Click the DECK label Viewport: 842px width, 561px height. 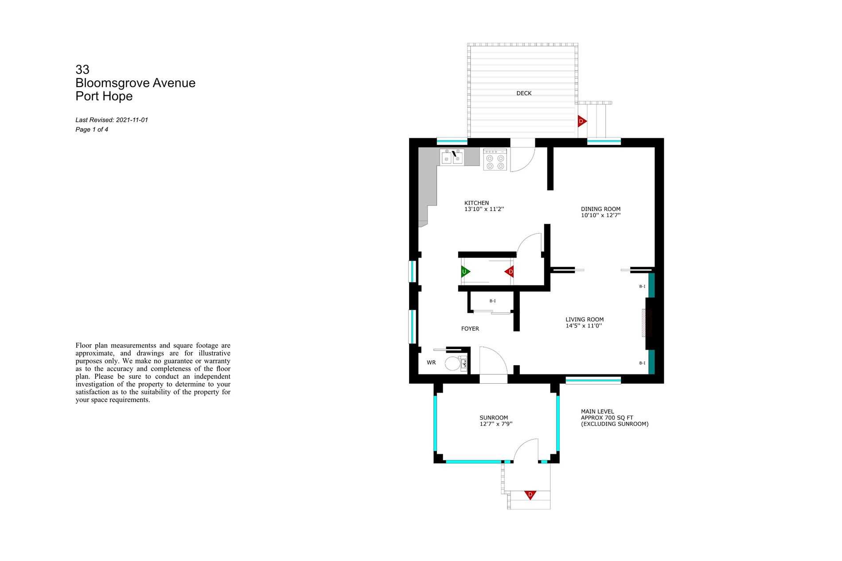[x=524, y=93]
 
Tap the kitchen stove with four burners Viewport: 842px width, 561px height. [x=495, y=160]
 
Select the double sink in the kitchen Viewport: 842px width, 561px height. [x=452, y=157]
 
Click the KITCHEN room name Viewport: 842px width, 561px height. [x=476, y=203]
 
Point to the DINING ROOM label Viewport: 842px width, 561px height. [x=600, y=209]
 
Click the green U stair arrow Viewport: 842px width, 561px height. [x=465, y=271]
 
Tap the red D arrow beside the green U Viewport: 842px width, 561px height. [x=510, y=272]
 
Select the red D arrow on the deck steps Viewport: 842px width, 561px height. [x=582, y=121]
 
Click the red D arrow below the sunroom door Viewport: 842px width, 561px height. [x=530, y=495]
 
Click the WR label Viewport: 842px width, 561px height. [x=431, y=362]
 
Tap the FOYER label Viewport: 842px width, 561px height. [x=470, y=329]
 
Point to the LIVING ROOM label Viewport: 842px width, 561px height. [x=585, y=319]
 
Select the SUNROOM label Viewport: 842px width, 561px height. [x=494, y=418]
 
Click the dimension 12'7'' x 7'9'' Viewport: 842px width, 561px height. [x=496, y=424]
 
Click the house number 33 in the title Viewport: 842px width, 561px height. [x=82, y=70]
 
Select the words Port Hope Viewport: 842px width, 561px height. [x=104, y=96]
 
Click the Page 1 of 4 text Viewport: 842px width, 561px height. [x=92, y=130]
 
